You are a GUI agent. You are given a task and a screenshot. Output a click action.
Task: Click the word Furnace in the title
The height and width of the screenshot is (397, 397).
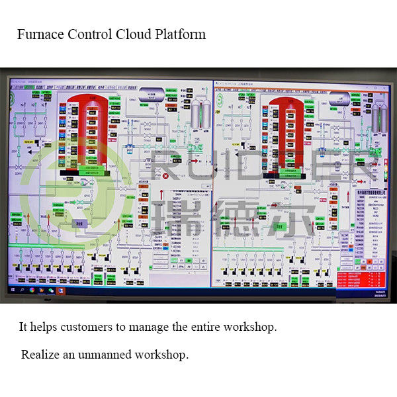coord(40,34)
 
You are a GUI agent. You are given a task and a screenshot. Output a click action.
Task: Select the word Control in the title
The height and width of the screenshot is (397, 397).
coord(89,34)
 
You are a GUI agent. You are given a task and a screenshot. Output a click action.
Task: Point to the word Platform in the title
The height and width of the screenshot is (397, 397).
coord(179,34)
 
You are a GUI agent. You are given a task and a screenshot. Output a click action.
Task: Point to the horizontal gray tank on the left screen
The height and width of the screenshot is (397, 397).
coord(151,91)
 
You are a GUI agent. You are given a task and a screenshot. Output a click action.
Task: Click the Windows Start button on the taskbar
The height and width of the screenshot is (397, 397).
coord(12,290)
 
